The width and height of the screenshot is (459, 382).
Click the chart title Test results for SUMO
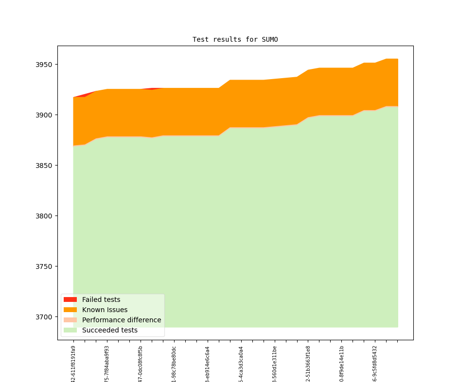click(x=235, y=39)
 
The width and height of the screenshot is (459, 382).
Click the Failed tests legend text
click(x=101, y=299)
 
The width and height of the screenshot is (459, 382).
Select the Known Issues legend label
click(x=105, y=310)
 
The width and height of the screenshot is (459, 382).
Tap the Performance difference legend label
click(x=122, y=320)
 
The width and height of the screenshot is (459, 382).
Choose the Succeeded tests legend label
click(x=109, y=330)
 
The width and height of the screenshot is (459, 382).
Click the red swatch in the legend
click(x=70, y=299)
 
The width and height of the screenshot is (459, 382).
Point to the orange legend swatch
click(x=70, y=310)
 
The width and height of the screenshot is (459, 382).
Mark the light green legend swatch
click(x=70, y=330)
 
